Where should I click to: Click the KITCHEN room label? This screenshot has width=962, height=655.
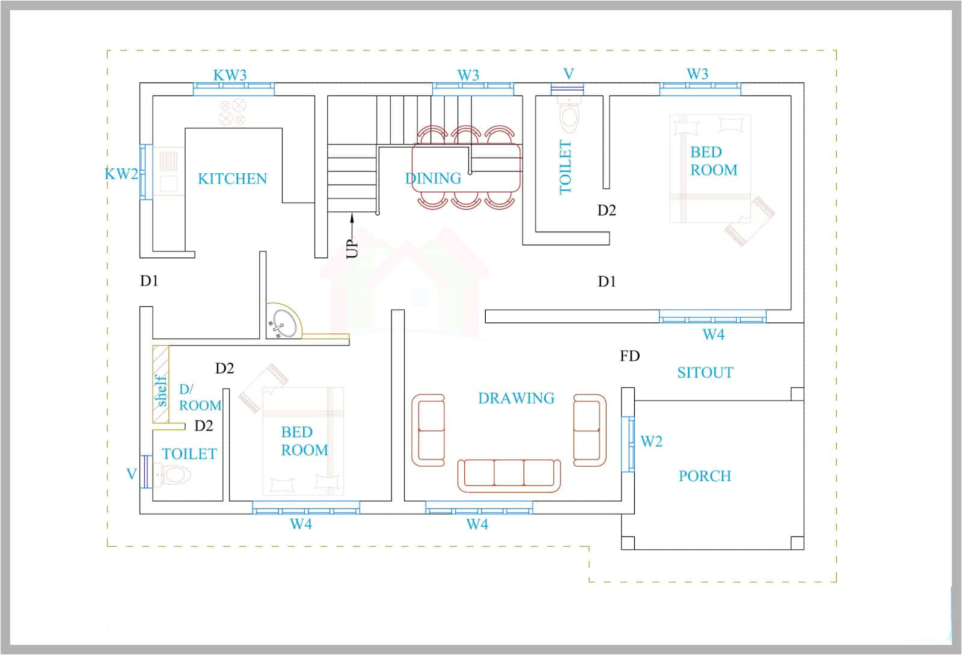232,179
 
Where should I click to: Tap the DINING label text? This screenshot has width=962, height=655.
433,179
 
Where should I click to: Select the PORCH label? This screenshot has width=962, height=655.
705,476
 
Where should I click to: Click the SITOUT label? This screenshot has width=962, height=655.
705,372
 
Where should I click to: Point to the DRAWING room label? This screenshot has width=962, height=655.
516,398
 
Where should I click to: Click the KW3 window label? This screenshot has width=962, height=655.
230,75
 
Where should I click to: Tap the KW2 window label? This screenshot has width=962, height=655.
121,174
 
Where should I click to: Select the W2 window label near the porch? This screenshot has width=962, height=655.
651,441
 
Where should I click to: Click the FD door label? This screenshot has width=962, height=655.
630,356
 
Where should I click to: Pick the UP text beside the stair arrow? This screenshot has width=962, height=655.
352,248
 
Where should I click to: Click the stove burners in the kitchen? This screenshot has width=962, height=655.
233,111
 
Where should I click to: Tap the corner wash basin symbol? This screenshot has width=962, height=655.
282,324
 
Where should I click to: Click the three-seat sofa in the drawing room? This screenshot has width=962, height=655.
509,473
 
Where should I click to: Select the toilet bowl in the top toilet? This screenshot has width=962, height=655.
568,115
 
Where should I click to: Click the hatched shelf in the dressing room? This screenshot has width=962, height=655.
161,384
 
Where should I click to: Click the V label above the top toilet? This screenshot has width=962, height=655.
568,74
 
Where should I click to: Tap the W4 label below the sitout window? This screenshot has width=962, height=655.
713,334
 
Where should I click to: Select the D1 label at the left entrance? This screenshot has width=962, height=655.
149,281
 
